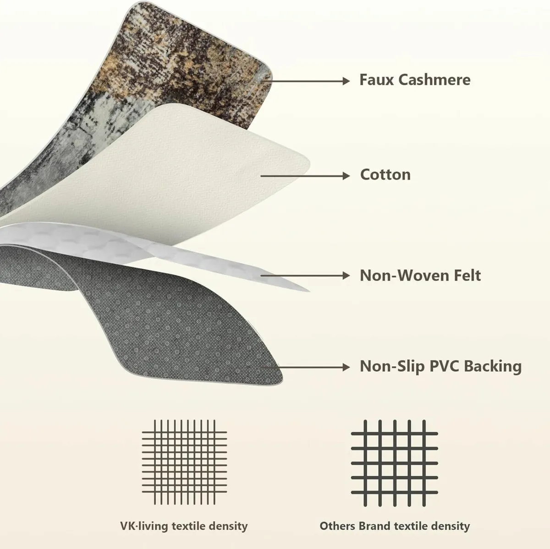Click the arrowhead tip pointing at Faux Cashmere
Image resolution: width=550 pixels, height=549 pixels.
click(350, 81)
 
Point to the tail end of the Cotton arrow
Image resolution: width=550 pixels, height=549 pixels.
click(261, 176)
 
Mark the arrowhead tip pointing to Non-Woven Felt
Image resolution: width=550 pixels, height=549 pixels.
click(350, 275)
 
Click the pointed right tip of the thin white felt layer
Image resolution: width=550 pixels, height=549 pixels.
click(309, 291)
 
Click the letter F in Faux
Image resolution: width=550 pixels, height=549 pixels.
click(363, 80)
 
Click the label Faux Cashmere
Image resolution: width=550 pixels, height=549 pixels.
click(415, 80)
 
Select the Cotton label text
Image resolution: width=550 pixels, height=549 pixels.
click(385, 175)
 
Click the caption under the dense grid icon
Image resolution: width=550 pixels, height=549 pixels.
click(184, 526)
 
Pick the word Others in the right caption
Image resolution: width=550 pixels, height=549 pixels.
click(338, 526)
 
